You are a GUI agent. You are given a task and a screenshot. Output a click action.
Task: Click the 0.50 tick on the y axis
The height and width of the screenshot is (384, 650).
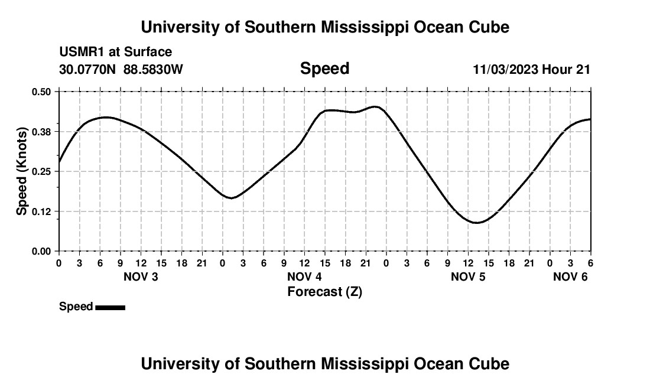[x=41, y=92]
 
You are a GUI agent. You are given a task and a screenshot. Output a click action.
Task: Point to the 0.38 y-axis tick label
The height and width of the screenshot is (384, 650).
[x=41, y=131]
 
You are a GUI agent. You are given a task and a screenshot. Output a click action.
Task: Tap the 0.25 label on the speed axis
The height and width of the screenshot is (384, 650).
[x=41, y=171]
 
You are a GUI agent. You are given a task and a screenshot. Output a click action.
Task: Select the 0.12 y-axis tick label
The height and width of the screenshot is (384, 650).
[x=41, y=211]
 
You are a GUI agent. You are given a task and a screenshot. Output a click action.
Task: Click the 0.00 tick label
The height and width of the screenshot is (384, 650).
[x=41, y=251]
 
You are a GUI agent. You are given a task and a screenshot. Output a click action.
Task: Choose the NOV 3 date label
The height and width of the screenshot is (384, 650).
[x=141, y=276]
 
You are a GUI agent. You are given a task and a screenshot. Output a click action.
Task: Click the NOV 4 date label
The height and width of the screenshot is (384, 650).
[x=304, y=276]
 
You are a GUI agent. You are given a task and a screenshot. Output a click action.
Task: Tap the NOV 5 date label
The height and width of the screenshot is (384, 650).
[x=468, y=276]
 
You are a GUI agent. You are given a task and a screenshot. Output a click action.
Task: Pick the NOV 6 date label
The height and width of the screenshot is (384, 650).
[x=570, y=276]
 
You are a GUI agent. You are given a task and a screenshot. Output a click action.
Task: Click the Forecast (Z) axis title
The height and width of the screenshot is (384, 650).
[x=324, y=291]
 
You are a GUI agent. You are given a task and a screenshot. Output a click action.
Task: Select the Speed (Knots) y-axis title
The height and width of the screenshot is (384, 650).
[x=22, y=171]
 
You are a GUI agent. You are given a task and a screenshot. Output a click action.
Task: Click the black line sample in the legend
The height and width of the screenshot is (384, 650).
[x=110, y=307]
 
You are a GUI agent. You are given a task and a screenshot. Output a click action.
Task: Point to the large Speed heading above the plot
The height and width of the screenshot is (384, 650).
[x=324, y=69]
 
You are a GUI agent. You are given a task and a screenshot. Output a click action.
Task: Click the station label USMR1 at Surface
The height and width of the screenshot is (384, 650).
[x=116, y=53]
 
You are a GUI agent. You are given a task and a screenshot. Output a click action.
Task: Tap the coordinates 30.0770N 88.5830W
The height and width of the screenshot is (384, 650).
[x=121, y=69]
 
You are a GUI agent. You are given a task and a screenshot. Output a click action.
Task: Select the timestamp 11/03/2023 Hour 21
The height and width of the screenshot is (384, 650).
[x=531, y=69]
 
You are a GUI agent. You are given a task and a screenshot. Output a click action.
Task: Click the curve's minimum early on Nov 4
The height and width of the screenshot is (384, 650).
[x=231, y=198]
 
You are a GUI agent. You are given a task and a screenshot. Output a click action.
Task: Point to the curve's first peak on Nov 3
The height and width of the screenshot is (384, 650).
[x=105, y=117]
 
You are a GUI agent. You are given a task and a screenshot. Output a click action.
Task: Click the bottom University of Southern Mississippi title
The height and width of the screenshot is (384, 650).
[x=324, y=364]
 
